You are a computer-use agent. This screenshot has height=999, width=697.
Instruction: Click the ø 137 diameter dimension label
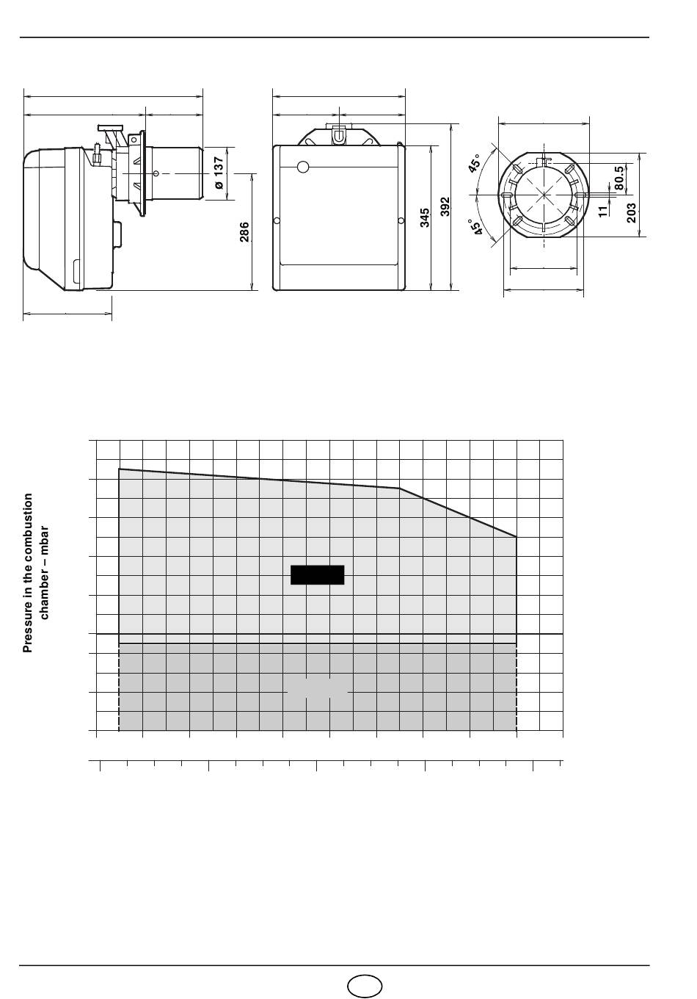[219, 173]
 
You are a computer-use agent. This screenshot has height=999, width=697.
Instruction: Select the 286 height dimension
[244, 232]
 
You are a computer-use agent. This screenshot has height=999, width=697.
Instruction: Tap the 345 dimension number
[425, 217]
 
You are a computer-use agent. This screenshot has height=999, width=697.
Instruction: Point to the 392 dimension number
[445, 206]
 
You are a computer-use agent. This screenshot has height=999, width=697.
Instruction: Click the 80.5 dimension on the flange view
[619, 178]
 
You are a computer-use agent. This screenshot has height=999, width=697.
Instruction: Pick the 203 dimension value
[632, 213]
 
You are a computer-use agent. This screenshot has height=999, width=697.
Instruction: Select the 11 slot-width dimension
[602, 211]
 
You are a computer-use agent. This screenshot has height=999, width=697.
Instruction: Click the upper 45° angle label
[475, 163]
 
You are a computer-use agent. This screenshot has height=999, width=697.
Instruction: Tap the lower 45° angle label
[475, 226]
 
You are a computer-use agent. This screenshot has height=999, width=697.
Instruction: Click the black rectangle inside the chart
[317, 575]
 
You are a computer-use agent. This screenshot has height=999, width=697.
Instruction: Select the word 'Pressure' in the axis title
[28, 629]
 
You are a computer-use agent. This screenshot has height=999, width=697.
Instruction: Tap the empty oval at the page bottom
[365, 986]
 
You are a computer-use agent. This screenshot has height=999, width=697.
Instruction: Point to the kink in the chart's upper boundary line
[399, 488]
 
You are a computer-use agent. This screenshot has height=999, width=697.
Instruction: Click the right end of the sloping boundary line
[517, 536]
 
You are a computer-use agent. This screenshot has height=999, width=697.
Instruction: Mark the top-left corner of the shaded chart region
[119, 469]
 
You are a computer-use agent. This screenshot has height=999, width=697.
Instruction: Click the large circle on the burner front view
[303, 167]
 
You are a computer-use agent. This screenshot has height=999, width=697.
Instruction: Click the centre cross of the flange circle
[544, 195]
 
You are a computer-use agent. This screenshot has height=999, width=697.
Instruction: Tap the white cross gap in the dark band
[318, 692]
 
